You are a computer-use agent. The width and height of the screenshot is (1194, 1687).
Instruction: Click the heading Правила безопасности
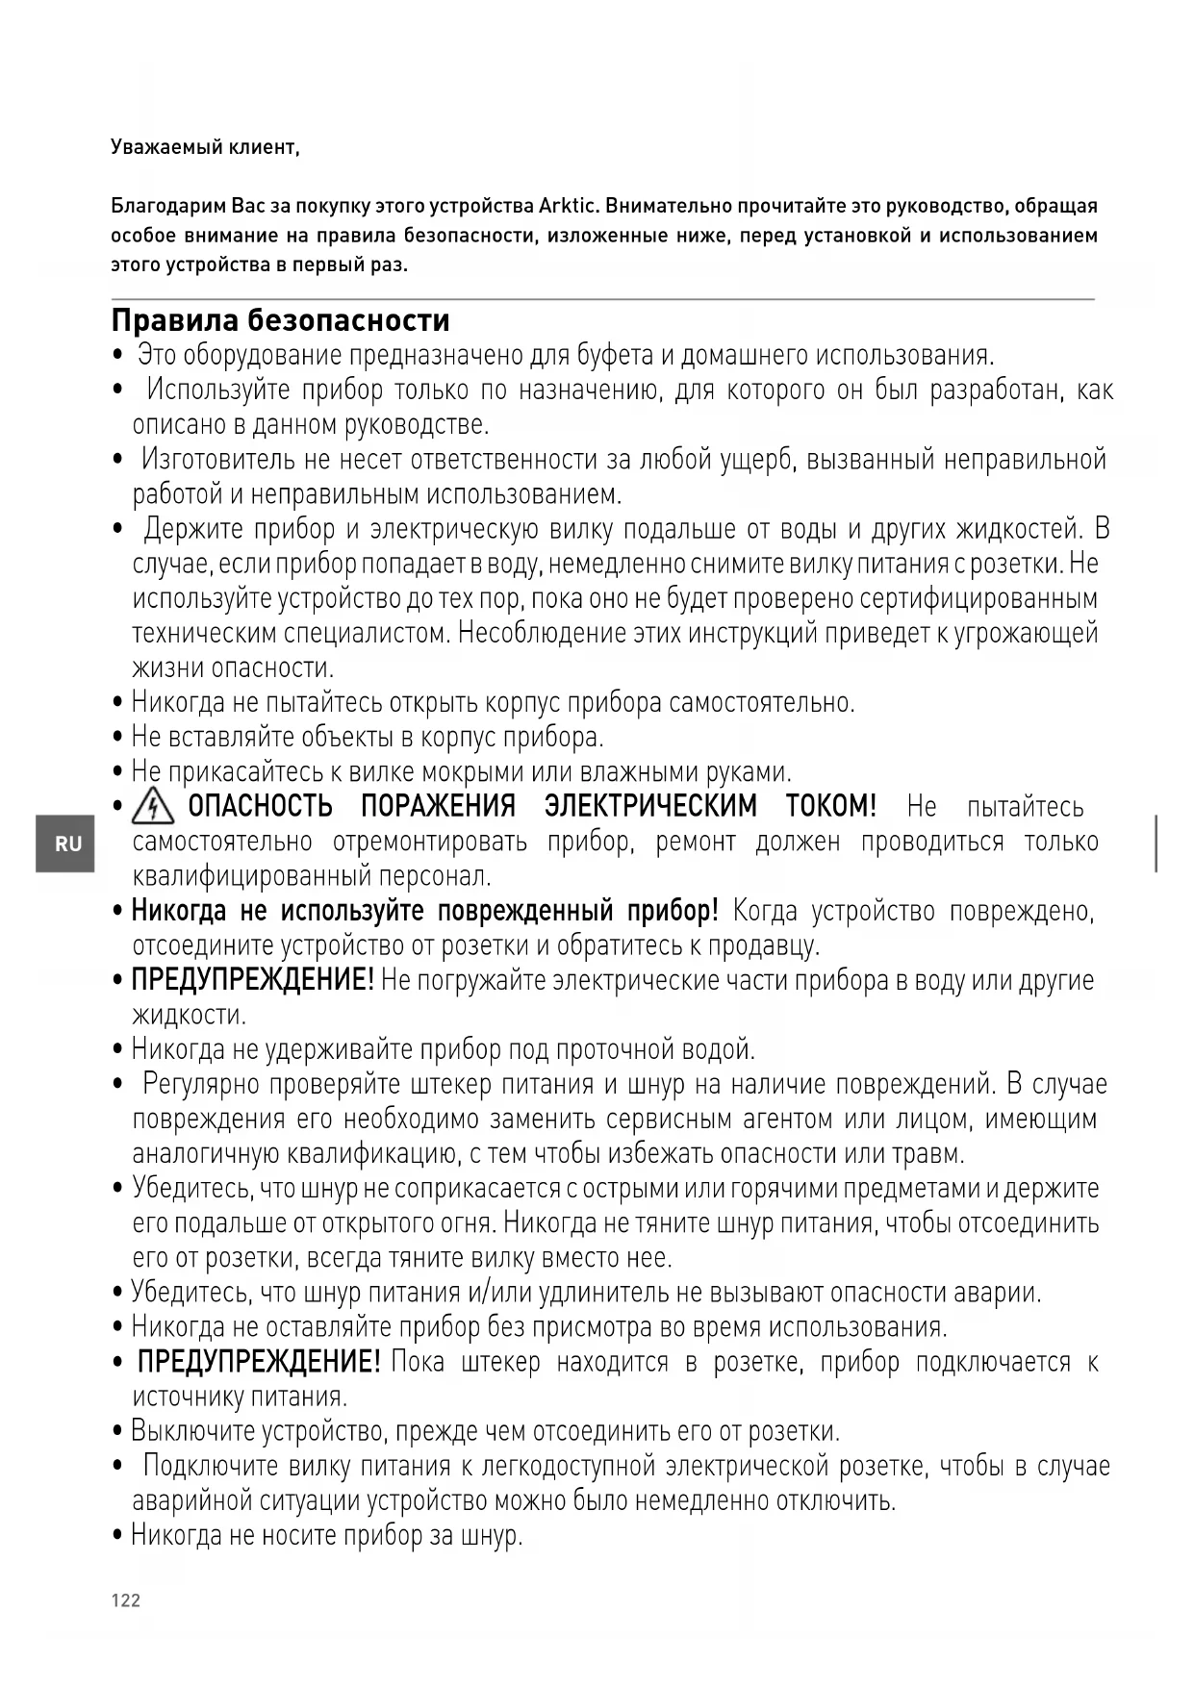pos(280,319)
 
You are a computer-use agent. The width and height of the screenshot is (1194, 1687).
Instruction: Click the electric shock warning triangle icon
pos(153,805)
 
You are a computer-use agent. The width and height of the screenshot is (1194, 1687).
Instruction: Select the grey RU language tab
pos(66,843)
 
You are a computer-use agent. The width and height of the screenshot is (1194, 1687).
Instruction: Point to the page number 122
pos(126,1600)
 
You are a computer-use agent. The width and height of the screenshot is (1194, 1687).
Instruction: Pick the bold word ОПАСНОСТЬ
pos(260,806)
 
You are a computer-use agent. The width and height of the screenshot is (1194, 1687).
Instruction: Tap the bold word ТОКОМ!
pos(831,806)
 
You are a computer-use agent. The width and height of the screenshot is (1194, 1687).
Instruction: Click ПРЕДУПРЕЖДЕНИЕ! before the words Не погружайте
pos(252,980)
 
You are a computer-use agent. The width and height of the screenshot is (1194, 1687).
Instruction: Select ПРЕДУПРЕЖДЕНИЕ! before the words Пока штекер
pos(259,1362)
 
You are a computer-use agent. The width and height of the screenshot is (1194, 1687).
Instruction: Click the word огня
pos(468,1223)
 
